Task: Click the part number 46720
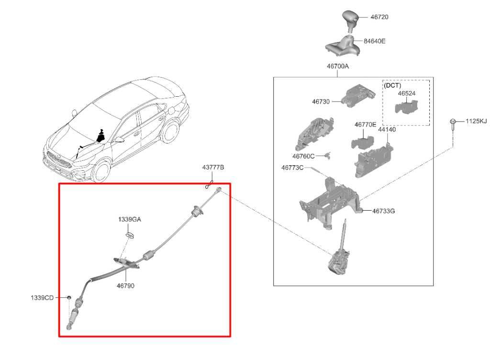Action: tap(379, 17)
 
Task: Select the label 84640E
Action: tap(374, 41)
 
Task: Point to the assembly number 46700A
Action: tap(337, 67)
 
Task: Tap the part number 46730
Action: tap(321, 102)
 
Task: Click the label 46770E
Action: tap(365, 124)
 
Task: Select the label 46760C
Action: tap(303, 156)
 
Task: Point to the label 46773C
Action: tap(292, 168)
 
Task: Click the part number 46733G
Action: tap(383, 211)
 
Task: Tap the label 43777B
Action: tap(213, 168)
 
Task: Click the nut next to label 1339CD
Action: tap(69, 298)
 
